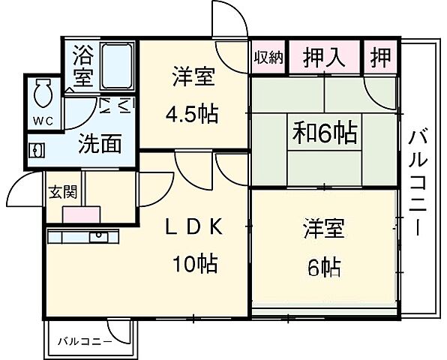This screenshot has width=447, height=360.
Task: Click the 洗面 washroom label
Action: (99, 143)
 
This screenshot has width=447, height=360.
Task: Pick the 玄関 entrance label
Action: (61, 190)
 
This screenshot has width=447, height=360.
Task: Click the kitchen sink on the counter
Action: (98, 237)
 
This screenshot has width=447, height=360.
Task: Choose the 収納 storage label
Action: (268, 58)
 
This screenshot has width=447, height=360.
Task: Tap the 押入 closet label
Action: (324, 57)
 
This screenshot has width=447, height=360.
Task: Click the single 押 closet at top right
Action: (381, 57)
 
